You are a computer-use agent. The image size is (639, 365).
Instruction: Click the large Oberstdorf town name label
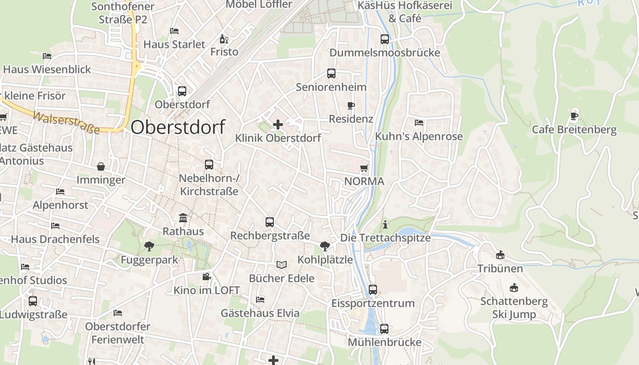[x=178, y=127]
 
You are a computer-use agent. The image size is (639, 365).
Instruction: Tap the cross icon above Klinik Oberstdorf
[x=278, y=124]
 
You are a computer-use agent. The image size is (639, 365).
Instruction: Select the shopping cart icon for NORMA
[x=364, y=168]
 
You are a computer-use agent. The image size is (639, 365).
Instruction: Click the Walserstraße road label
[x=67, y=122]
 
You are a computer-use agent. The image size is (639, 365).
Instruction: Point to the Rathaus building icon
[x=183, y=218]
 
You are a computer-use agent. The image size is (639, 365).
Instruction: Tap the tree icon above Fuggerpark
[x=149, y=246]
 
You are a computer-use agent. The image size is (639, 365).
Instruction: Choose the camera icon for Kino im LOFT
[x=206, y=276]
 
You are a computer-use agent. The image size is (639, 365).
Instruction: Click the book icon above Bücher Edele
[x=282, y=265]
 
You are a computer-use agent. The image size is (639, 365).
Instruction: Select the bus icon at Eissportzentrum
[x=373, y=289]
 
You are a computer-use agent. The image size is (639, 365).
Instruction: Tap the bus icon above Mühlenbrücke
[x=384, y=328]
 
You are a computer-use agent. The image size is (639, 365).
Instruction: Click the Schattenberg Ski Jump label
[x=514, y=308]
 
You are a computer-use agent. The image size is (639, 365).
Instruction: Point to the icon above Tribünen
[x=500, y=255]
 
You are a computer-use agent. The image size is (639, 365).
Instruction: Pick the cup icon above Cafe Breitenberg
[x=574, y=116]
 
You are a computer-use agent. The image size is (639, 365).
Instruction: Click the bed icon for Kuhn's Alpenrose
[x=419, y=123]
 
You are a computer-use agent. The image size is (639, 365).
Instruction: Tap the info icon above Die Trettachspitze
[x=386, y=224]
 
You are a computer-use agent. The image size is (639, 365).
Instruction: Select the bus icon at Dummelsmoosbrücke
[x=385, y=39]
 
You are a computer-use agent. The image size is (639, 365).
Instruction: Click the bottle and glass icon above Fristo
[x=224, y=39]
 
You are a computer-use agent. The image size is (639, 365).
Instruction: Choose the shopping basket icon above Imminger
[x=101, y=167]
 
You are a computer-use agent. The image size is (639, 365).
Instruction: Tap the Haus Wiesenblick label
[x=47, y=69]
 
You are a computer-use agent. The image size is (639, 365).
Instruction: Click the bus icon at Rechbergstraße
[x=270, y=222]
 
